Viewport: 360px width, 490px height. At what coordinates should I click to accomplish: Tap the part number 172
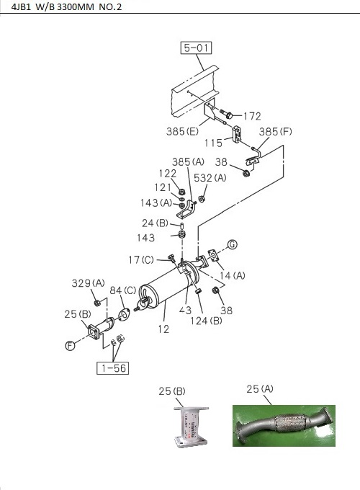251,116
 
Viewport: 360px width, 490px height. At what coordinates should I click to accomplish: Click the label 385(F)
276,132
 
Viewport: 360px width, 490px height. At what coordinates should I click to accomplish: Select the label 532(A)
212,177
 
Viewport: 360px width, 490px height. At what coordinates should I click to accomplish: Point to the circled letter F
70,346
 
